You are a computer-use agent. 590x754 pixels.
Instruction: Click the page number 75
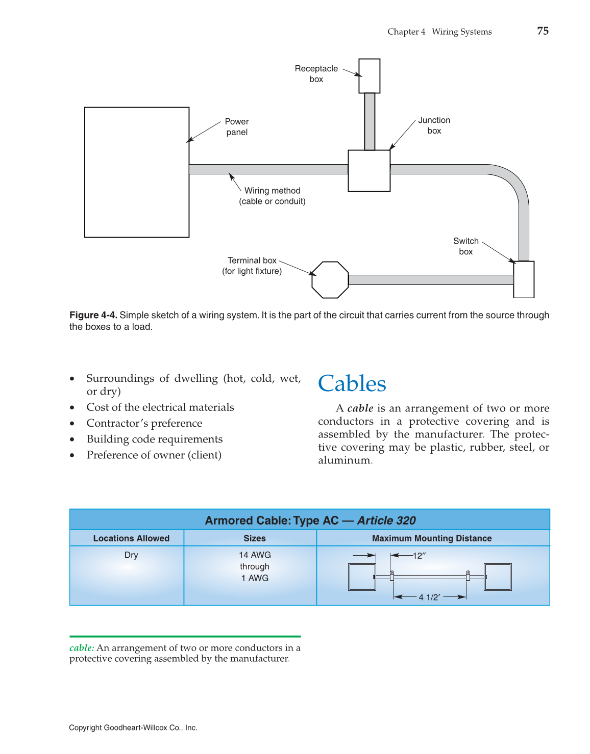[x=543, y=31]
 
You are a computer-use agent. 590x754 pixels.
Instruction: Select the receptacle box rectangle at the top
[x=369, y=76]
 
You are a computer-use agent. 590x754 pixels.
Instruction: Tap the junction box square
[x=369, y=171]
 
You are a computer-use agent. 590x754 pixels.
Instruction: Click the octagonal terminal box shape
[x=330, y=279]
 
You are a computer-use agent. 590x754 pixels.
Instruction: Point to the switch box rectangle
[x=524, y=279]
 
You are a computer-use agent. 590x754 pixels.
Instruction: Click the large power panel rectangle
[x=137, y=172]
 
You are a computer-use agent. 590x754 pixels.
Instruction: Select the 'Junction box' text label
[x=434, y=125]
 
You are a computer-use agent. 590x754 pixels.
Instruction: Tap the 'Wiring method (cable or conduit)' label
[x=273, y=196]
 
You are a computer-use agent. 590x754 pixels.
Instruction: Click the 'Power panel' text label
[x=237, y=127]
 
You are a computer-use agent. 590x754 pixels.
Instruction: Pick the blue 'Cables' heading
[x=352, y=384]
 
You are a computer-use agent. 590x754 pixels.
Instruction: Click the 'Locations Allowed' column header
[x=131, y=538]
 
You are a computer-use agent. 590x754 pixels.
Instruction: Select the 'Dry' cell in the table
[x=131, y=555]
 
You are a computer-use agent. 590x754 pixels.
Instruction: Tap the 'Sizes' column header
[x=255, y=538]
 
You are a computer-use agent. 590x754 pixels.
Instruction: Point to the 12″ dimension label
[x=419, y=556]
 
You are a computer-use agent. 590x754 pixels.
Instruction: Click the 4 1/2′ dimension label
[x=429, y=597]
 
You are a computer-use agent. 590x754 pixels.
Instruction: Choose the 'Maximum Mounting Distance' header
[x=432, y=538]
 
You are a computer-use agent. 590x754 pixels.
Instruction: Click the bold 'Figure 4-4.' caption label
[x=93, y=315]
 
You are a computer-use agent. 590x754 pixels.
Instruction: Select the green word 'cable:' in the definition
[x=82, y=648]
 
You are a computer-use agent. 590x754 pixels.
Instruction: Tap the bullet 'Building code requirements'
[x=155, y=439]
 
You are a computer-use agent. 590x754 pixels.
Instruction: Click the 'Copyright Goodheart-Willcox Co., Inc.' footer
[x=133, y=728]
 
